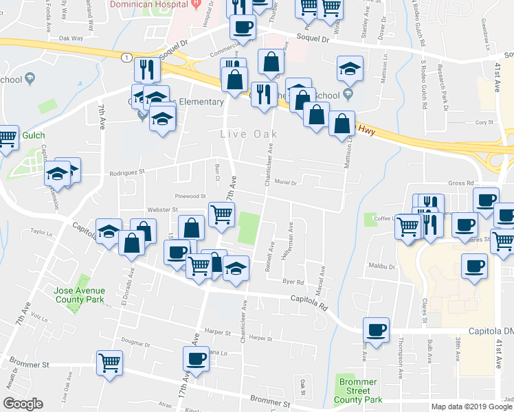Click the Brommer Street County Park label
click(x=358, y=391)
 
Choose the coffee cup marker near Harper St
click(x=196, y=358)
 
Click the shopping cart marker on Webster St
click(x=221, y=214)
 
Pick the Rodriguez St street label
click(x=128, y=173)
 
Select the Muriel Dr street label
click(x=284, y=183)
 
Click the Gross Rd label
click(x=461, y=183)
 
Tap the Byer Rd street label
click(x=293, y=282)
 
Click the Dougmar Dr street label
click(x=135, y=341)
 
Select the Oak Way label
click(x=71, y=39)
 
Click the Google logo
click(x=23, y=404)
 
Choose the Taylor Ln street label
click(x=42, y=233)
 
